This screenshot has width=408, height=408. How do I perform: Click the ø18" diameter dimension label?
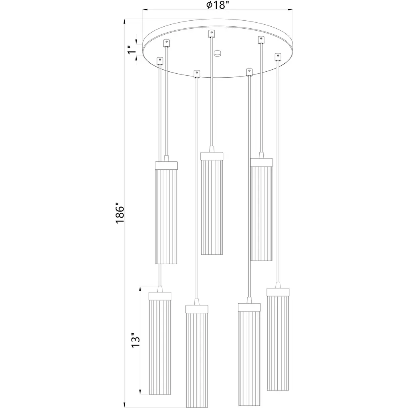tap(218, 5)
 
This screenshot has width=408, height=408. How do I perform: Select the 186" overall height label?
tap(120, 213)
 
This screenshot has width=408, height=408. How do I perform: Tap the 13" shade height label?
tap(135, 340)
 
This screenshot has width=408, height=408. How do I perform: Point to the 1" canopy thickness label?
tap(132, 49)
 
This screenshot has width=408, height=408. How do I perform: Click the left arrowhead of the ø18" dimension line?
tap(145, 10)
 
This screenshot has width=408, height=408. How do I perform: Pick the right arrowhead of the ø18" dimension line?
tap(290, 10)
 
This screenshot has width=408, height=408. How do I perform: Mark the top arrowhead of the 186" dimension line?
tap(125, 22)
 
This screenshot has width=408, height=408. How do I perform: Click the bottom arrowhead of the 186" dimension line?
tap(125, 405)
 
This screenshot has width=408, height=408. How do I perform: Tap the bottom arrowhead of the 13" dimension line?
tap(141, 392)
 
